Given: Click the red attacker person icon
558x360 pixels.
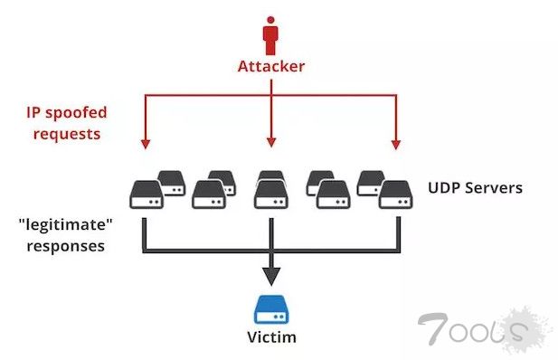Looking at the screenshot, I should [270, 36].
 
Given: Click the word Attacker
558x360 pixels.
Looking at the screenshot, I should [270, 66].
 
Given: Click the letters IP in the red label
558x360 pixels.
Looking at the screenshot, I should [33, 113].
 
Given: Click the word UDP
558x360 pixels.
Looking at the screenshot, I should [444, 189].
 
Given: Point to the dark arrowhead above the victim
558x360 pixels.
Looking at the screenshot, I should [270, 277].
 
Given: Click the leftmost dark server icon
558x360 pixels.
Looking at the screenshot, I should [145, 194].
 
